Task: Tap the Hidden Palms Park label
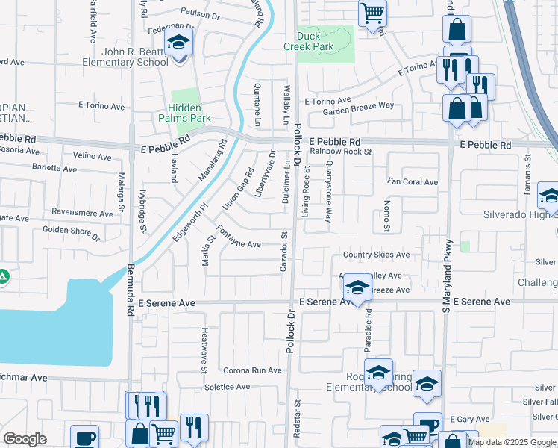pos(184,113)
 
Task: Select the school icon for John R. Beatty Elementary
pos(178,43)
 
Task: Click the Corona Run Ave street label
pos(253,370)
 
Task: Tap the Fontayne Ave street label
pos(238,237)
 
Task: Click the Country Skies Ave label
pos(376,255)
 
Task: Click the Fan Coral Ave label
pos(412,181)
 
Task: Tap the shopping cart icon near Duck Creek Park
pos(372,13)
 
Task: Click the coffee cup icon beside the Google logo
pos(84,437)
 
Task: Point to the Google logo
pos(25,439)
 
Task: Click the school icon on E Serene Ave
pos(358,288)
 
